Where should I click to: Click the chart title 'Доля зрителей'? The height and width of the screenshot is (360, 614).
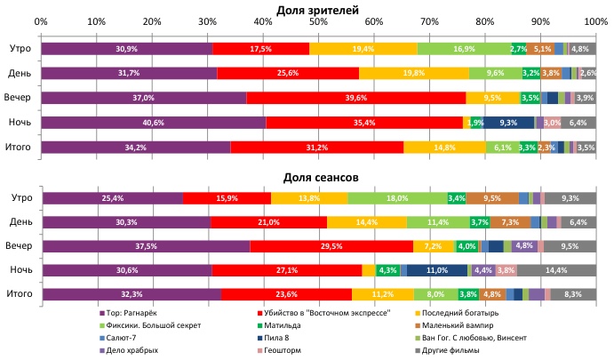point(318,9)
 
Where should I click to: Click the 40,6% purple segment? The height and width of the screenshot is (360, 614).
point(153,122)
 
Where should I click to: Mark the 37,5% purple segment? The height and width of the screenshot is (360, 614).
point(146,245)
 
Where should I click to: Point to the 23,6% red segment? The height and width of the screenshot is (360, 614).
point(286,293)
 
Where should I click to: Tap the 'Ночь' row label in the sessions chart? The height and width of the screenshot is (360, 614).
point(19,269)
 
